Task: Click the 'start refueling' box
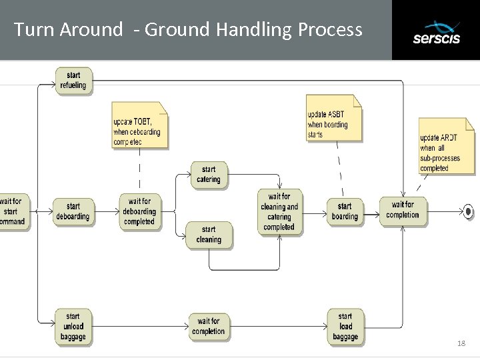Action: point(73,81)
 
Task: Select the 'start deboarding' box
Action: point(73,211)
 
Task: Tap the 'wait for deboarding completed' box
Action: point(139,211)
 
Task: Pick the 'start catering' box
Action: point(209,175)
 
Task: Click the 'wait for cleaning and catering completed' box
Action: point(279,211)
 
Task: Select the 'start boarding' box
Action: point(345,211)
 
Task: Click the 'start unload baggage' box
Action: point(73,326)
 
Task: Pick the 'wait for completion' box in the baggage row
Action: point(209,326)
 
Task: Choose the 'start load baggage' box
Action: point(345,326)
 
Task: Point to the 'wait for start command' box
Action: point(13,211)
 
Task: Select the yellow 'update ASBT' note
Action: point(333,119)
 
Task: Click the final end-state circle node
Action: point(469,211)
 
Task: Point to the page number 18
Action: point(461,343)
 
